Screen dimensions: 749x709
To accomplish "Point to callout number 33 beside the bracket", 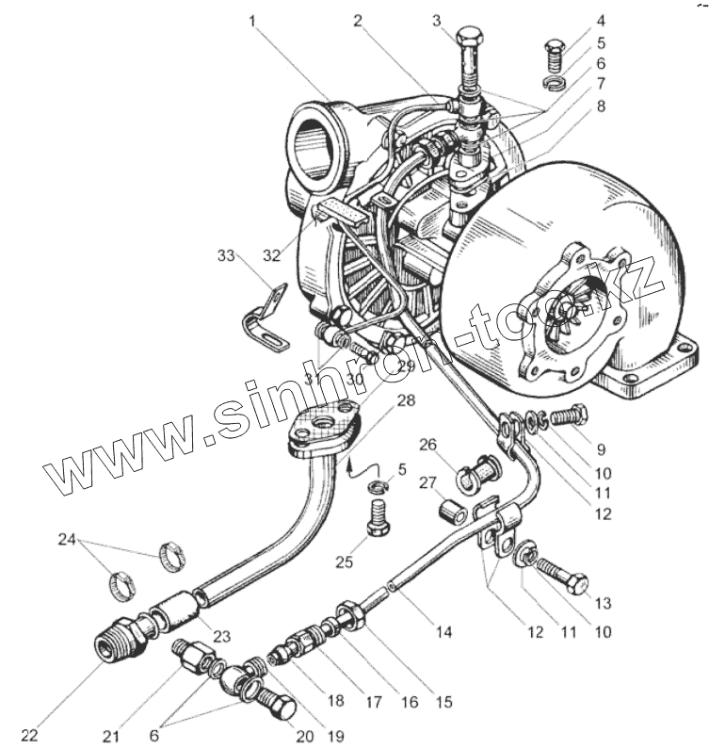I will click(226, 255).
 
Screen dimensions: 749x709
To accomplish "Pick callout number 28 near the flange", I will click(405, 401).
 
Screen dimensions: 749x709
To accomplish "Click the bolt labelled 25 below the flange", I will click(377, 517).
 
